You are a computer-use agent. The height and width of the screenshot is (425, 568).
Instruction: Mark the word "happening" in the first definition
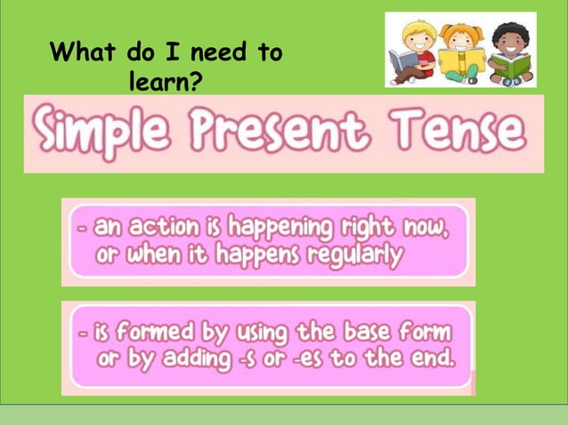277,229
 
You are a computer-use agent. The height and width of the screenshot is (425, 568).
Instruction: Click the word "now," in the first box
422,228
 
